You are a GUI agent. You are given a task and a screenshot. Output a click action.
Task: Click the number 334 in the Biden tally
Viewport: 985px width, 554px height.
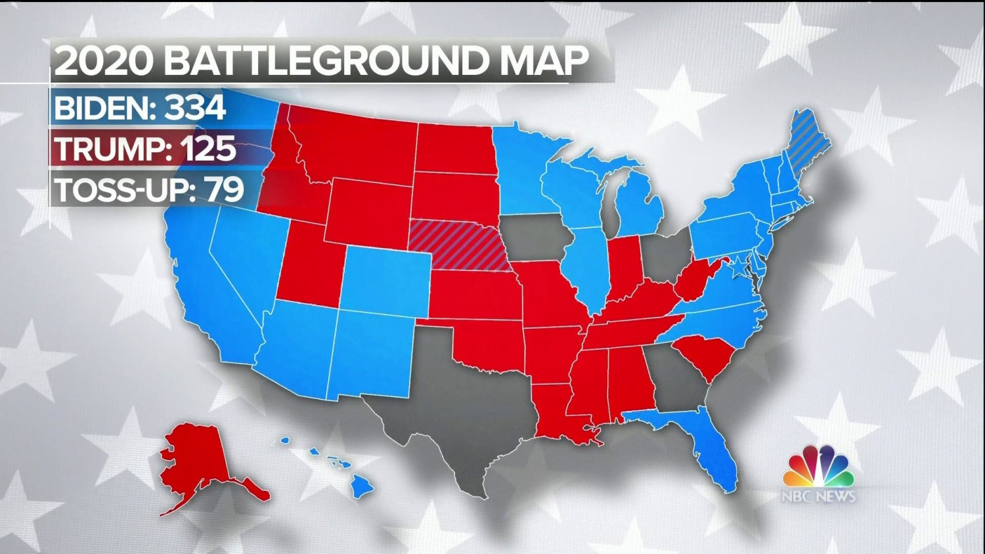click(x=195, y=108)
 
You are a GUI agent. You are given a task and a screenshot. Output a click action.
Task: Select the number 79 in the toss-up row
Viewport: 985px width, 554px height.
click(x=225, y=190)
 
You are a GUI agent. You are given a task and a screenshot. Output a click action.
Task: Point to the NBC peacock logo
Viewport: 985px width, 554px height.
click(x=818, y=467)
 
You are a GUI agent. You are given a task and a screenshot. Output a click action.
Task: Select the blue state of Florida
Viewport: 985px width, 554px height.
click(x=712, y=446)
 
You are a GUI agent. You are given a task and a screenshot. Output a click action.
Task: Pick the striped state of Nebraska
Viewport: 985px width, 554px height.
click(x=460, y=246)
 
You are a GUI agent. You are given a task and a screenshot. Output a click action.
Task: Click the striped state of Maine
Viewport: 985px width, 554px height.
click(x=808, y=141)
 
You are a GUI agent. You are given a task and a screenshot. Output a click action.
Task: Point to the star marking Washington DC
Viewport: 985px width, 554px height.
click(x=740, y=266)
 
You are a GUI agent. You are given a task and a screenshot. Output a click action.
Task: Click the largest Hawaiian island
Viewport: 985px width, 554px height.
click(x=361, y=487)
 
